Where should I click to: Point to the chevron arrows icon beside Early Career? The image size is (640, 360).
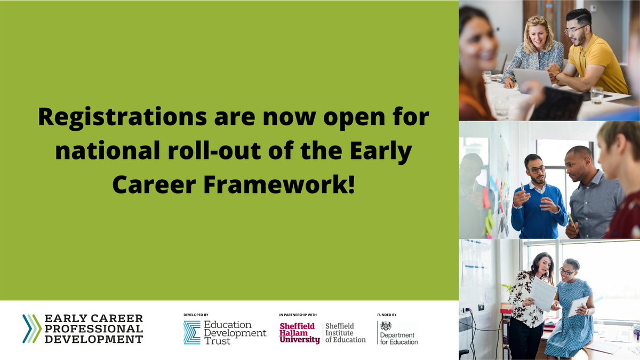(x=31, y=329)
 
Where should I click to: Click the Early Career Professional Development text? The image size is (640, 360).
(x=93, y=329)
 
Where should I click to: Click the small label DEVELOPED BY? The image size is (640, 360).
(x=196, y=315)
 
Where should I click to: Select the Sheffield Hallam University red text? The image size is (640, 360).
(x=300, y=333)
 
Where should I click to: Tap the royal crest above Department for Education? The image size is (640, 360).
(x=386, y=326)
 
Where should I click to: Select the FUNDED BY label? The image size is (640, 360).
(x=387, y=315)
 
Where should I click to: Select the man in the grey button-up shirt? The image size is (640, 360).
(x=592, y=197)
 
